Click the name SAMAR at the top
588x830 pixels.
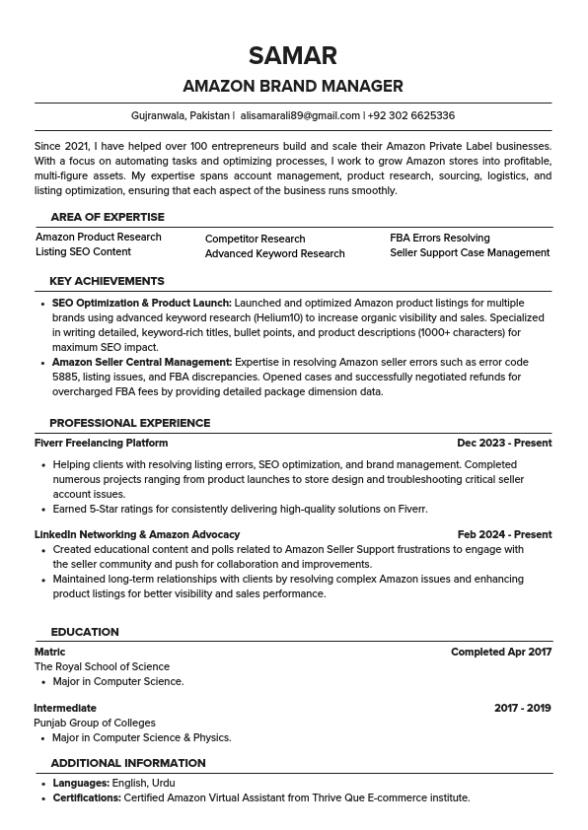(x=293, y=55)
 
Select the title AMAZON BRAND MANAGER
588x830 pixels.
(x=293, y=86)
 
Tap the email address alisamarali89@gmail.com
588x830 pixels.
(x=300, y=115)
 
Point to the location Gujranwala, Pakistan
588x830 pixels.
(x=181, y=115)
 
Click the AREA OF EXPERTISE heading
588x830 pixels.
(x=108, y=217)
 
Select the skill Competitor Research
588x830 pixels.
(x=255, y=239)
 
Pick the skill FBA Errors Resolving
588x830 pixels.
(x=439, y=238)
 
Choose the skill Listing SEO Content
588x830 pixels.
(x=83, y=252)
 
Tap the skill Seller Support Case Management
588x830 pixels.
(x=470, y=252)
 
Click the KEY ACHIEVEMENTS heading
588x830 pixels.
(x=107, y=281)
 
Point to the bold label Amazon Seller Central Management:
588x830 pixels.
(x=142, y=362)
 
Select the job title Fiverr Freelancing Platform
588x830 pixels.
(x=101, y=443)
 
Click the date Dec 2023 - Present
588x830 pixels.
(x=504, y=443)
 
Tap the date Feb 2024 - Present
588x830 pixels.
(x=504, y=534)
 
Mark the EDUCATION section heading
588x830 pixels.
(x=85, y=632)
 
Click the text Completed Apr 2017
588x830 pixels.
(x=501, y=652)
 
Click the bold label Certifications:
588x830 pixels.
(x=87, y=797)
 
